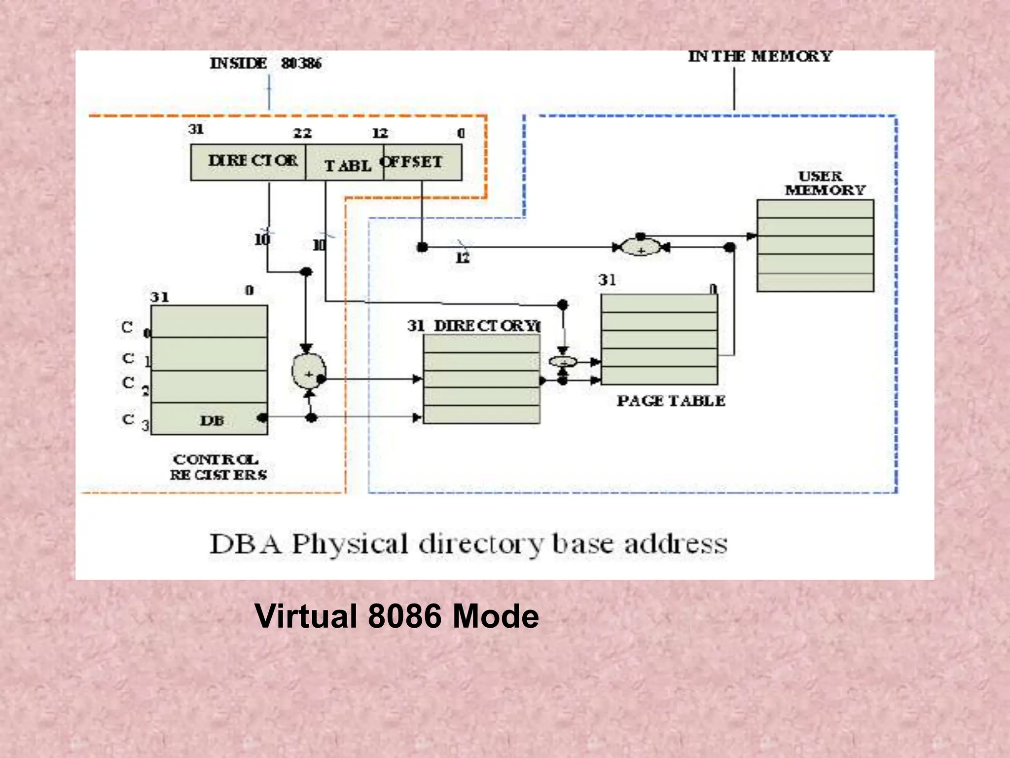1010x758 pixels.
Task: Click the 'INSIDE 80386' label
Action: tap(265, 64)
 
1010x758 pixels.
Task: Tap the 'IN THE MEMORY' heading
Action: tap(760, 57)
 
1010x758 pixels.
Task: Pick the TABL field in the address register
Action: tap(345, 165)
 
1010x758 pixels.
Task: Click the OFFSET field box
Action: tap(422, 162)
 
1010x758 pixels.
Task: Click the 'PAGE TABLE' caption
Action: tap(671, 401)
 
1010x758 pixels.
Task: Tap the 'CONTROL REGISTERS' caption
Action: tap(217, 467)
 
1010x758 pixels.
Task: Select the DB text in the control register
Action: tap(212, 421)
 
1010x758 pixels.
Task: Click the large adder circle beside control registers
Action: tap(309, 373)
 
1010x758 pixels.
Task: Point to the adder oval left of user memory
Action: tap(640, 247)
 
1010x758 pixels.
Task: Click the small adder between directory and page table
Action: tap(563, 362)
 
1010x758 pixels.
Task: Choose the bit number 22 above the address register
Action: tap(302, 133)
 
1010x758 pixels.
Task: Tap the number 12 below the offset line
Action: tap(463, 258)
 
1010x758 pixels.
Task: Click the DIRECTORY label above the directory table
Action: tap(486, 326)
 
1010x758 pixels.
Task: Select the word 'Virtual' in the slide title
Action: tap(306, 616)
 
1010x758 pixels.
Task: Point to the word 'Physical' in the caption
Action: tap(350, 544)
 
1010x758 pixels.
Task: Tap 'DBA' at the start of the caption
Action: tap(245, 544)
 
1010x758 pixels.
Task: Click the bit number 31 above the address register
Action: tap(196, 129)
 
